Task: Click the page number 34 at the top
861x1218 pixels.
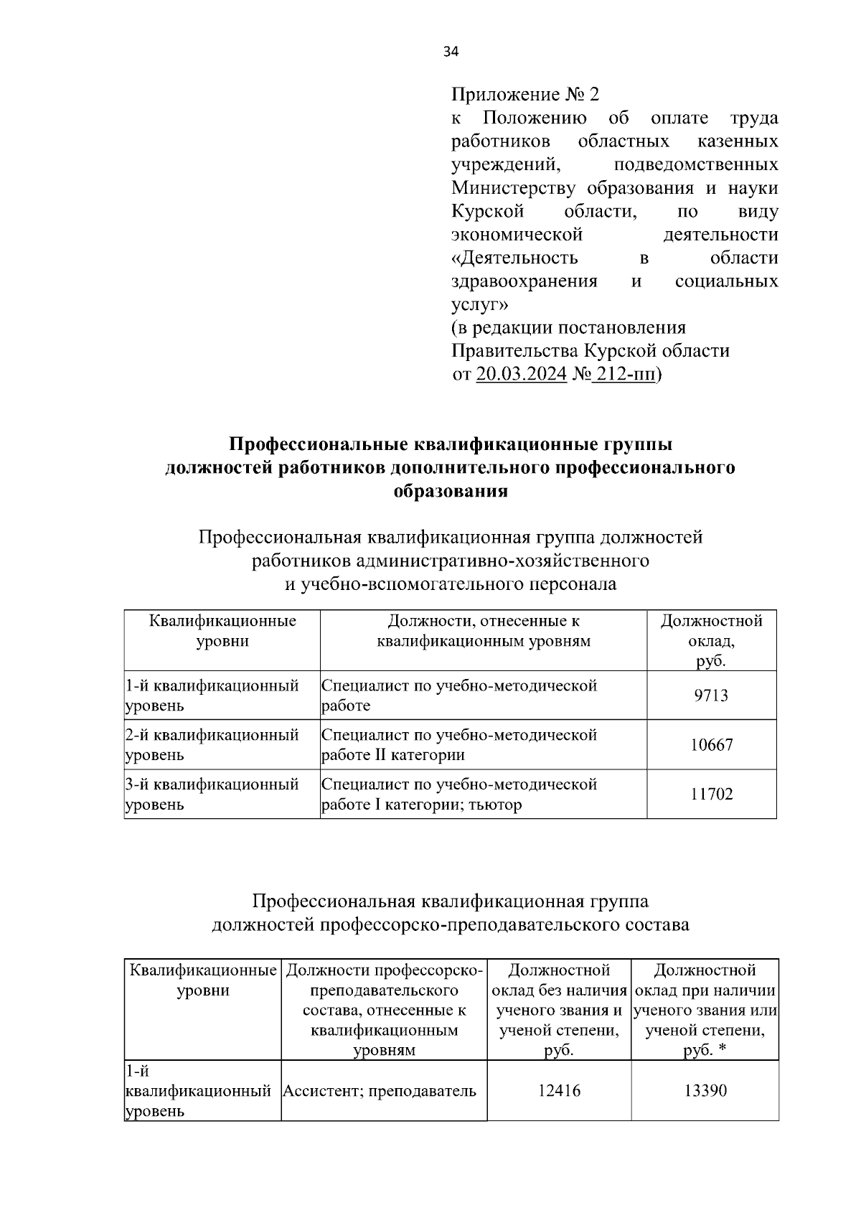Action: [x=451, y=52]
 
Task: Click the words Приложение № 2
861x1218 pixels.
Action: [x=524, y=95]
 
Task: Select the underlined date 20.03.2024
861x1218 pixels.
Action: [x=522, y=375]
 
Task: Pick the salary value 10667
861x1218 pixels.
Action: [x=711, y=745]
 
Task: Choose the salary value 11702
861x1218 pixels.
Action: [x=711, y=795]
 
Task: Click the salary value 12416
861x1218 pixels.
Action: [x=559, y=1091]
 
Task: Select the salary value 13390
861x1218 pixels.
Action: [x=705, y=1091]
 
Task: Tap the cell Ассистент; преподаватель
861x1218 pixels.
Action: [x=380, y=1092]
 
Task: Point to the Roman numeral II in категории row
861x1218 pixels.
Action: [x=382, y=755]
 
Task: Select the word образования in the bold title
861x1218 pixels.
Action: [x=451, y=492]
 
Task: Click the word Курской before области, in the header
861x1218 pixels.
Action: [x=487, y=212]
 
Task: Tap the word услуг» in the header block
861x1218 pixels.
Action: [x=479, y=305]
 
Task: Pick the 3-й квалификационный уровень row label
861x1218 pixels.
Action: [x=212, y=795]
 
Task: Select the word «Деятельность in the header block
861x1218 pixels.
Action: [x=514, y=258]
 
